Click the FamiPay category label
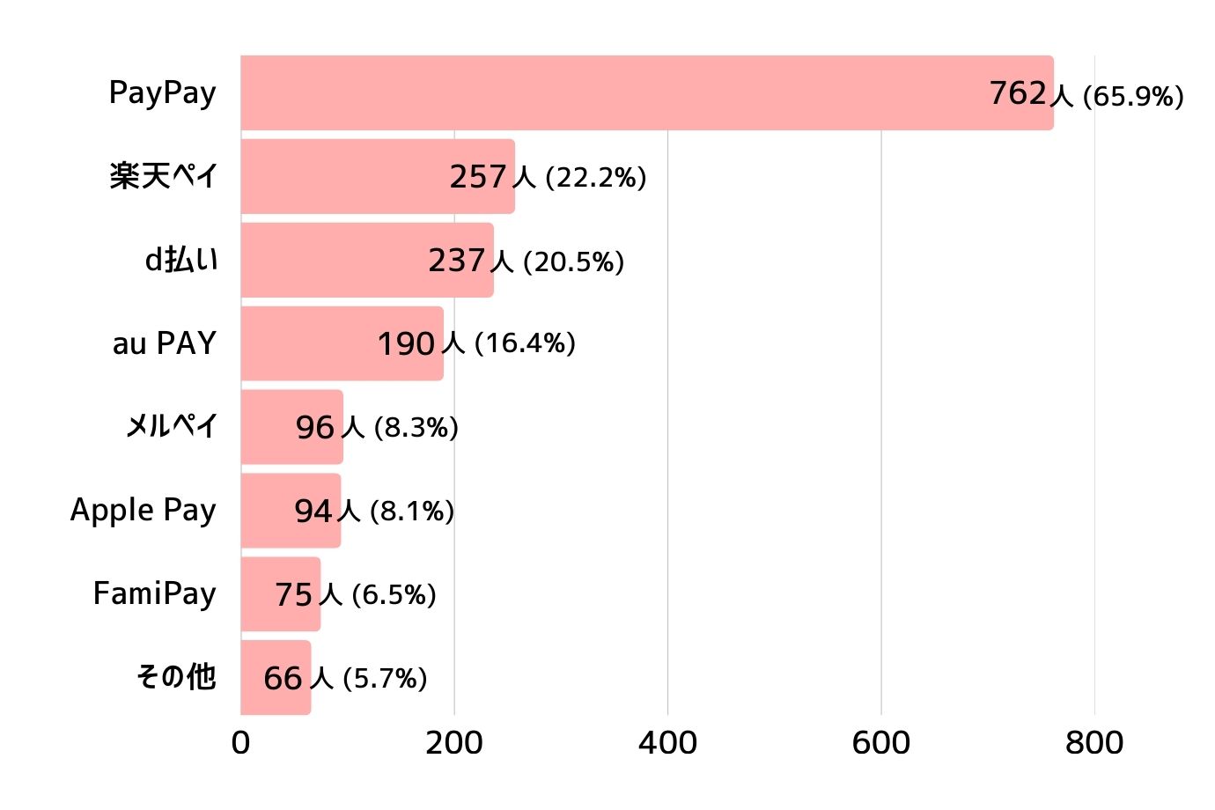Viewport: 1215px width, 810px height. click(155, 594)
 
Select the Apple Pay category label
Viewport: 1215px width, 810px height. click(144, 511)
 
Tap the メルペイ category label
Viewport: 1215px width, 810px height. click(172, 427)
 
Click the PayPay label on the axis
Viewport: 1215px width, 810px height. click(163, 93)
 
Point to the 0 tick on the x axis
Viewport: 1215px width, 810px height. click(240, 743)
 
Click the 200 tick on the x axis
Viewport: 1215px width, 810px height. click(454, 743)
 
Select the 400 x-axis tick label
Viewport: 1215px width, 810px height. click(667, 743)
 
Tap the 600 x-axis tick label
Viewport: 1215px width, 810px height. click(881, 743)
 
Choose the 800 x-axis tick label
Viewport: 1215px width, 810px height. click(1094, 743)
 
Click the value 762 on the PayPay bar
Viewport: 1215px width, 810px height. click(1018, 92)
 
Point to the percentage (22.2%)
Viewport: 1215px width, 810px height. click(596, 177)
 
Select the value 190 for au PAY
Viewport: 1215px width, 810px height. click(406, 343)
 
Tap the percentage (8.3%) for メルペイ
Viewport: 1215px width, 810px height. click(416, 428)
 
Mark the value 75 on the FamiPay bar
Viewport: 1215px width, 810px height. click(294, 595)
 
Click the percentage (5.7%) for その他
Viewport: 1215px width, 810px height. click(385, 679)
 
